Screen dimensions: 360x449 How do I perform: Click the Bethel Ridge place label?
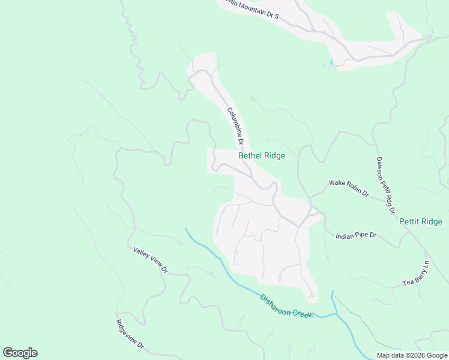(261, 155)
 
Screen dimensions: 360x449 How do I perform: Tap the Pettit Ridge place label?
(420, 221)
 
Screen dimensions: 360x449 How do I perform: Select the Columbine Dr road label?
(235, 127)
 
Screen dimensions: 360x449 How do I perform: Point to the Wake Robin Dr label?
(348, 188)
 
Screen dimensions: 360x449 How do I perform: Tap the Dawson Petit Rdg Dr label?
(385, 185)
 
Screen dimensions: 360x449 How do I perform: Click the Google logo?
(20, 353)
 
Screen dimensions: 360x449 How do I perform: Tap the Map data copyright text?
(411, 355)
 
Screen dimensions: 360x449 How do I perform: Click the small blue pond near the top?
(331, 61)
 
